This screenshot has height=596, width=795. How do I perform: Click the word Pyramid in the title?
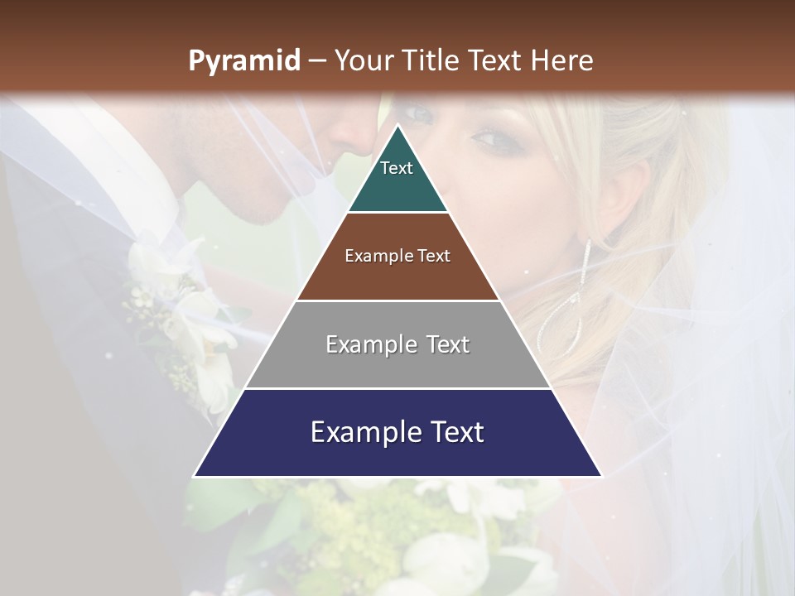(x=243, y=60)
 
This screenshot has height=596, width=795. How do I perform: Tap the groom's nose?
(x=356, y=137)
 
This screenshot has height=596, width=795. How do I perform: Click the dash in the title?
(x=316, y=60)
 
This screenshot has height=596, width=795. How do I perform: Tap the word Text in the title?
(x=495, y=60)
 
